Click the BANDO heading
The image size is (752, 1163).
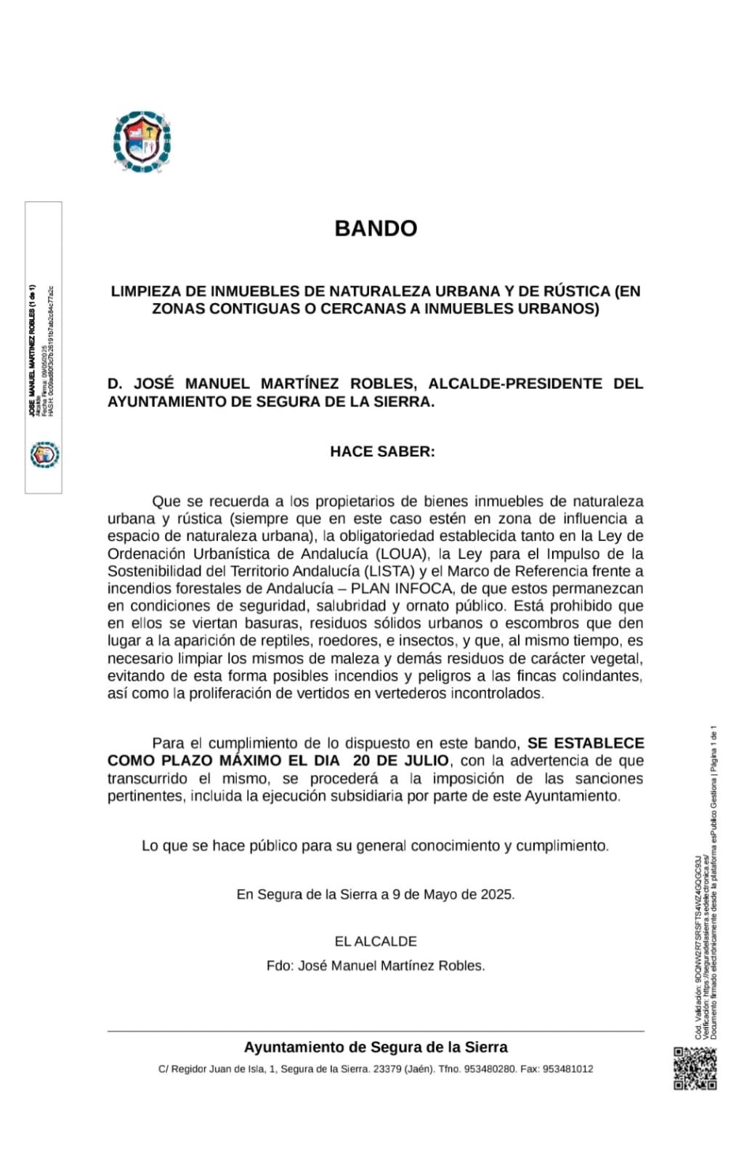pos(376,228)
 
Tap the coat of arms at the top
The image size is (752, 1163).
pos(142,142)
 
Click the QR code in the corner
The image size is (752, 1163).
pos(695,1068)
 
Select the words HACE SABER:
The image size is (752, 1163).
pos(382,451)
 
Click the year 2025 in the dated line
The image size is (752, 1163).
pos(496,895)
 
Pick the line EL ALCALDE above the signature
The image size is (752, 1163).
pos(376,941)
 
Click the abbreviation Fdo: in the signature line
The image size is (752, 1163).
pos(280,966)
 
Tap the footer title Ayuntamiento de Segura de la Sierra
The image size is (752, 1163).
pos(376,1047)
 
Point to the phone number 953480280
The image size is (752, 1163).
pos(490,1069)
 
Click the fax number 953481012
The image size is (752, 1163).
pos(567,1069)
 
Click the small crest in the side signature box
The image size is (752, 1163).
pos(44,455)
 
